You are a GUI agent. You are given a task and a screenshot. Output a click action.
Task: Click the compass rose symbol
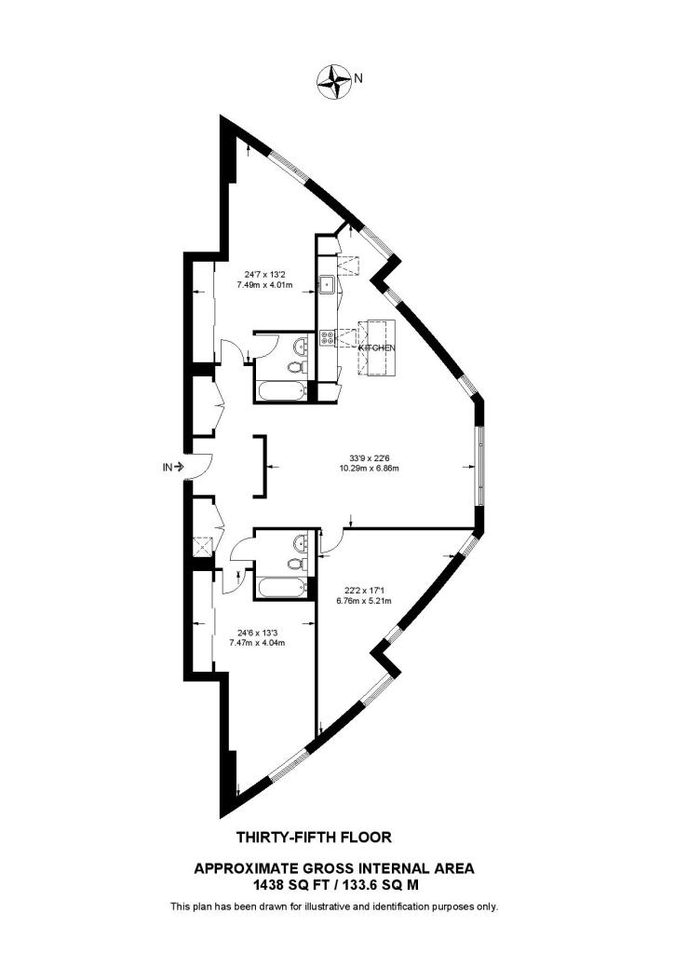tap(332, 81)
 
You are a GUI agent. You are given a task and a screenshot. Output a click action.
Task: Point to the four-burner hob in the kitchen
tap(327, 340)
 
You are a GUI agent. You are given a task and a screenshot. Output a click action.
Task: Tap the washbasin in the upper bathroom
tap(298, 347)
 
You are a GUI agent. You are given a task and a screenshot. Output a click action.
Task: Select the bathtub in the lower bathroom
tap(280, 589)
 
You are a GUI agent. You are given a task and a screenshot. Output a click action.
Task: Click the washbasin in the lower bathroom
tap(298, 541)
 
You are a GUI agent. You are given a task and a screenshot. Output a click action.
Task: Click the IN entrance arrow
tap(174, 467)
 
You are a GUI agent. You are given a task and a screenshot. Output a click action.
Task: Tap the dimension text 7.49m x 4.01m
tap(269, 286)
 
